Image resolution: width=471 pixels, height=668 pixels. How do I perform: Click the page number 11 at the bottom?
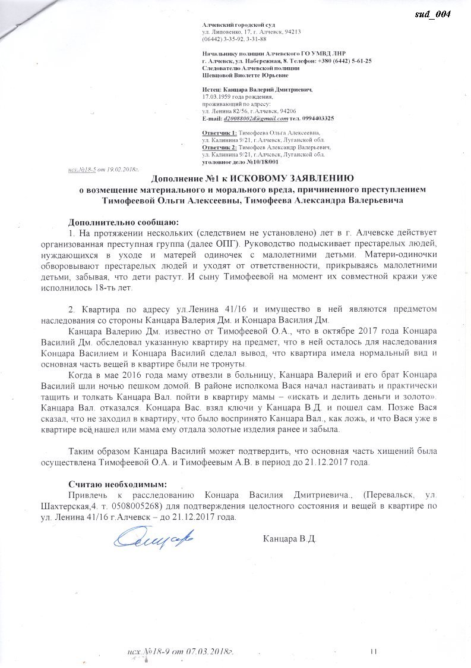374,651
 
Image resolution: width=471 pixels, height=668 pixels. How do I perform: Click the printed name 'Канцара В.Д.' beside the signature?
289,539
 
